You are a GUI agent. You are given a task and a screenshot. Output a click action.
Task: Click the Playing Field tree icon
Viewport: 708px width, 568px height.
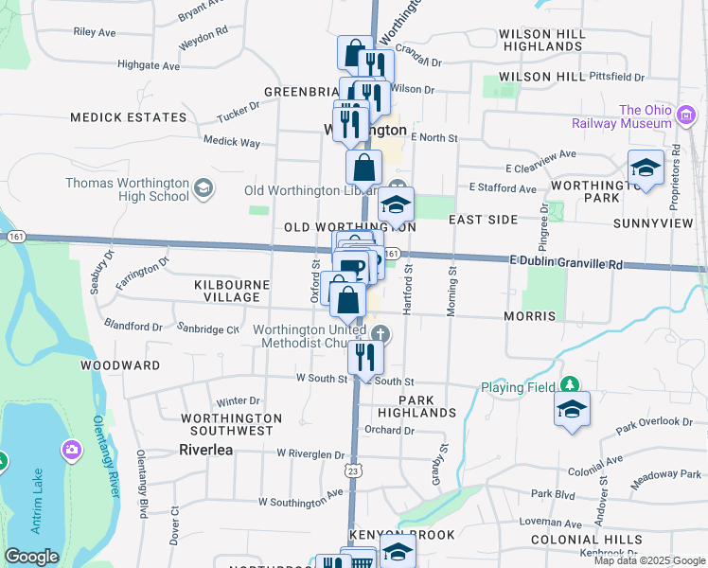click(570, 385)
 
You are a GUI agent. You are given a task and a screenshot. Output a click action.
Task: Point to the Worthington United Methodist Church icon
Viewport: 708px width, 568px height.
click(380, 333)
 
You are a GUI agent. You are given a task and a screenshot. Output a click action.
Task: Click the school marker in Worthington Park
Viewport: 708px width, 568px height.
click(646, 169)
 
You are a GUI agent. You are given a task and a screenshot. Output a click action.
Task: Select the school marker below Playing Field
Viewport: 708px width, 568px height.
click(573, 409)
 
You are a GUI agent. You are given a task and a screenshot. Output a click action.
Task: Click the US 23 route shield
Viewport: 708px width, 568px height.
click(353, 470)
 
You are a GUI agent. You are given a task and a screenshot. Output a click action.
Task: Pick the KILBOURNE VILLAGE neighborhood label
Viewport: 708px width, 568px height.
click(226, 291)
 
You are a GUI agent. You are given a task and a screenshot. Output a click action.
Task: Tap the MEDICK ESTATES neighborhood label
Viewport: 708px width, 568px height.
click(129, 117)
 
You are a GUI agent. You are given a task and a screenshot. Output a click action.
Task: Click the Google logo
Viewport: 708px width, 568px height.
click(31, 557)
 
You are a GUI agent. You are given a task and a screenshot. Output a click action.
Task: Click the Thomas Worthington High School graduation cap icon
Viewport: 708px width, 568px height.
click(202, 189)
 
